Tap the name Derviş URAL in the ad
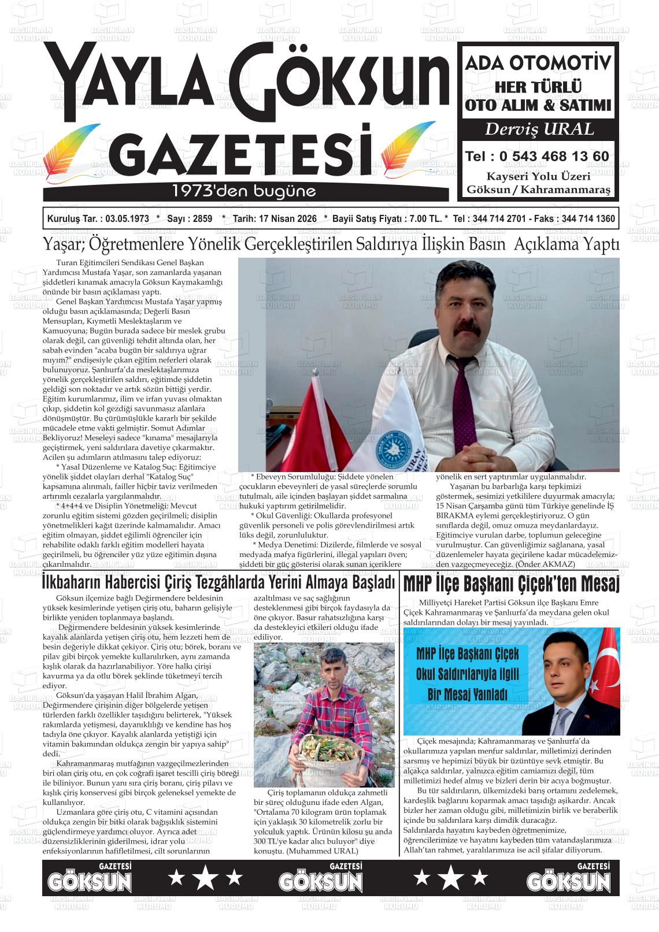click(x=539, y=129)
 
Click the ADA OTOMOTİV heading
click(x=538, y=63)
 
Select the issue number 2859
click(x=202, y=220)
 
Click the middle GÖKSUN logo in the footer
click(x=321, y=878)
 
